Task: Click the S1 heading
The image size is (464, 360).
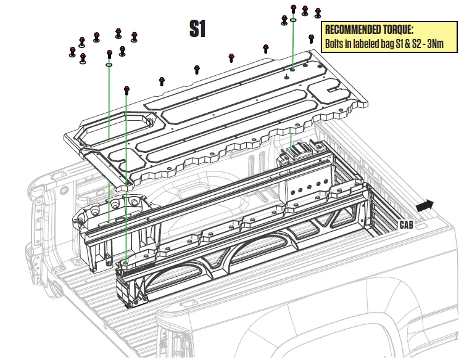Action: pyautogui.click(x=197, y=29)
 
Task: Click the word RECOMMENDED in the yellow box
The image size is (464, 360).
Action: pyautogui.click(x=351, y=30)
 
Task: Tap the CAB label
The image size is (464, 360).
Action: pyautogui.click(x=406, y=224)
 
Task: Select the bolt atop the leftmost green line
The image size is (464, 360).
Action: pyautogui.click(x=109, y=54)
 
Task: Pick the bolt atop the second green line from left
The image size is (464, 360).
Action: pyautogui.click(x=126, y=91)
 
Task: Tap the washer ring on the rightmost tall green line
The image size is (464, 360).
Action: pyautogui.click(x=292, y=20)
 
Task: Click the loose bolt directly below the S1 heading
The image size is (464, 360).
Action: pyautogui.click(x=197, y=69)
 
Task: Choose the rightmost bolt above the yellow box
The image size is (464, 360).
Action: pyautogui.click(x=318, y=13)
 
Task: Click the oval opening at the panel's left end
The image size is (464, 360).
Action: pyautogui.click(x=130, y=126)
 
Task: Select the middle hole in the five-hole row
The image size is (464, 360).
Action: pyautogui.click(x=310, y=184)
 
